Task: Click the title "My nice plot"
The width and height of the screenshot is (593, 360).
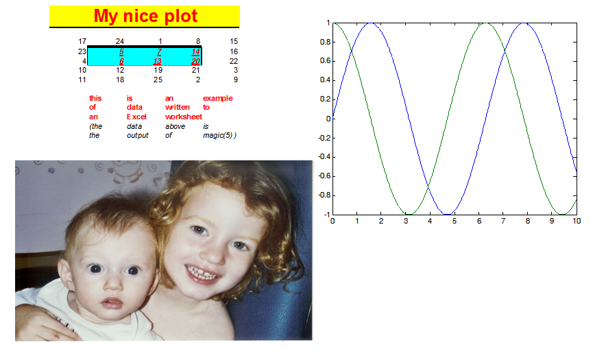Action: pos(145,16)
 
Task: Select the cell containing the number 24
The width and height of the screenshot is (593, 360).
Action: pos(120,41)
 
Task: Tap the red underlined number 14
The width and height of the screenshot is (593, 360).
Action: pos(195,52)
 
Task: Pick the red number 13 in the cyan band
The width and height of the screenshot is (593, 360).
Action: pos(157,61)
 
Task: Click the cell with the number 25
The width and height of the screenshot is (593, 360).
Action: pos(158,80)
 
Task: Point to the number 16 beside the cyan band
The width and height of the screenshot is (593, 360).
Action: pos(234,51)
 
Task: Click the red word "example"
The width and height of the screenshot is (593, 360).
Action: pos(217,98)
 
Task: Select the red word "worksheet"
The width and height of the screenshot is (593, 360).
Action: pos(184,117)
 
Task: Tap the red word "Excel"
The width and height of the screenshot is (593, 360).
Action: pos(136,117)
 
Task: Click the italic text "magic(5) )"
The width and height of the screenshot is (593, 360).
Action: pos(219,135)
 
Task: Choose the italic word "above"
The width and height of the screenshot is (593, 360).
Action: pos(175,126)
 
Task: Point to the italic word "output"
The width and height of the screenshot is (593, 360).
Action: pos(138,135)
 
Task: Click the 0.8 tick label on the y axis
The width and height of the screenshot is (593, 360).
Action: pos(325,42)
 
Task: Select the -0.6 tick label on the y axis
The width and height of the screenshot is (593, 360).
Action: pos(324,176)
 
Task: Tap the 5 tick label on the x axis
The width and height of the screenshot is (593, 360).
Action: pos(455,221)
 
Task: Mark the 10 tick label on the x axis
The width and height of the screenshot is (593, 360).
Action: pos(577,221)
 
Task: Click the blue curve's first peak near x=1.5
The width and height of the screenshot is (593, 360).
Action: pos(371,23)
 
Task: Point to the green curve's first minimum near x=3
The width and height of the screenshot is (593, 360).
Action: pos(409,214)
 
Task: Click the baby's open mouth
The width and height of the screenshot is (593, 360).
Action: pos(112,303)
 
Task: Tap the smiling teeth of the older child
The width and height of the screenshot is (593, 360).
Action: pos(203,273)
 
